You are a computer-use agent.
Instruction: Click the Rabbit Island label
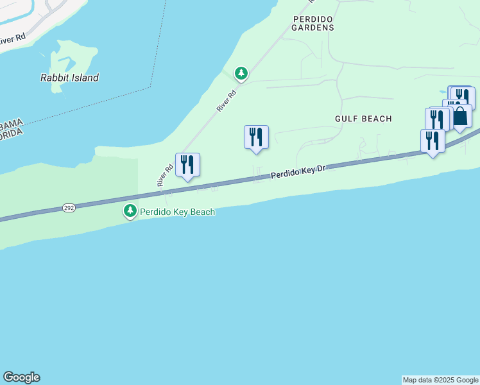coord(69,78)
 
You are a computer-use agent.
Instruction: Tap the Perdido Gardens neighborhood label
coord(313,23)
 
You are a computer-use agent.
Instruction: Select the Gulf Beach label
coord(363,119)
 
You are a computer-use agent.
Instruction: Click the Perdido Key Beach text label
coord(177,212)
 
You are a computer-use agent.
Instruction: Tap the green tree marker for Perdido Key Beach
coord(130,210)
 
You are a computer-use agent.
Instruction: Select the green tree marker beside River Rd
coord(241,74)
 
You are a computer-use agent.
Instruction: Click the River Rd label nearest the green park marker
coord(227,101)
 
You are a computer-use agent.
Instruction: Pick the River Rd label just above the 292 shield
coord(166,175)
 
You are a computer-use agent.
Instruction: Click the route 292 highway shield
coord(69,208)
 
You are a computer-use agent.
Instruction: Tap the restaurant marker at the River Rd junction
coord(187,165)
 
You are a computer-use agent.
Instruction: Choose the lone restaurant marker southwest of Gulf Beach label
coord(256,137)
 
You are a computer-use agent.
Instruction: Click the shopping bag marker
coord(460,116)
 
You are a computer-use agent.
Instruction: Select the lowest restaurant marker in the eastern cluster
coord(433,141)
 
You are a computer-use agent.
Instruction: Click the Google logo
coord(21,377)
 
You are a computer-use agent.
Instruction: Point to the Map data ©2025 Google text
coord(441,380)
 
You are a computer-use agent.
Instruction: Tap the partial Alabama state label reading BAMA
coord(11,123)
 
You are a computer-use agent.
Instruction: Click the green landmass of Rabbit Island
coord(74,58)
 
